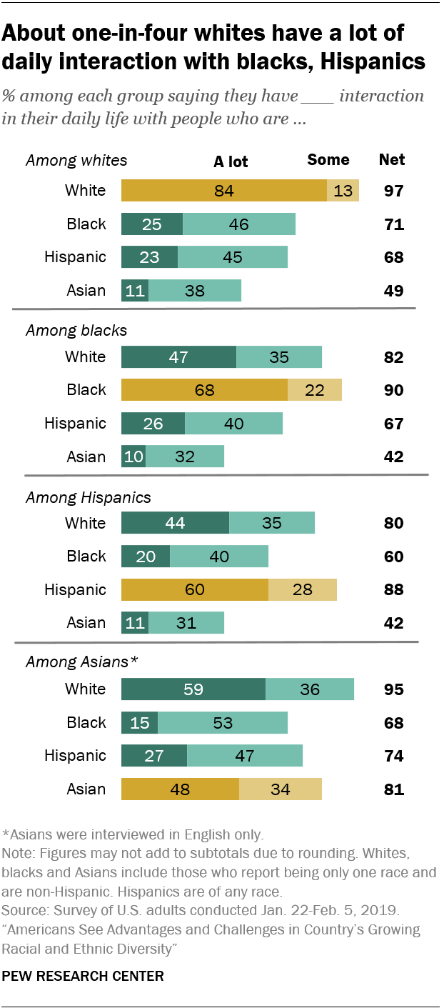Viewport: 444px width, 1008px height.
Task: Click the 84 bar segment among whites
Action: point(224,191)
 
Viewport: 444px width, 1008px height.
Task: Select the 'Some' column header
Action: point(328,160)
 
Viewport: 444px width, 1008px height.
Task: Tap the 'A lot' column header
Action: point(231,161)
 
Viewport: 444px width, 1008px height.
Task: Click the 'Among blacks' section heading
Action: point(76,330)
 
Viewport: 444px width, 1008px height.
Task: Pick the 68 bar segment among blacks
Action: point(204,390)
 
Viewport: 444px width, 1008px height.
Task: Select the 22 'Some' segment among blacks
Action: point(315,390)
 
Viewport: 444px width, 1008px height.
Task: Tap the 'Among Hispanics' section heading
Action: point(88,496)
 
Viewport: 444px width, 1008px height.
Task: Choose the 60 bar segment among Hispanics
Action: point(195,589)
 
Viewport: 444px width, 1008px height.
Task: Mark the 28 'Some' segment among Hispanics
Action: point(303,589)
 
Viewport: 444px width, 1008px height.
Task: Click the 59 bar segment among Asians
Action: point(193,689)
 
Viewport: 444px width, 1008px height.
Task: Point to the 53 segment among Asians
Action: point(223,722)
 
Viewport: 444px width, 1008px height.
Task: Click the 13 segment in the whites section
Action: point(343,191)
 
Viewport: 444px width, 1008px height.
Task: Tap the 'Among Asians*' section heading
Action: point(81,662)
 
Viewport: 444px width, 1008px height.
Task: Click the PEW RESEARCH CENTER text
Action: point(84,976)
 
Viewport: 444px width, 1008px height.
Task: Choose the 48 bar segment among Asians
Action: point(180,789)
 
